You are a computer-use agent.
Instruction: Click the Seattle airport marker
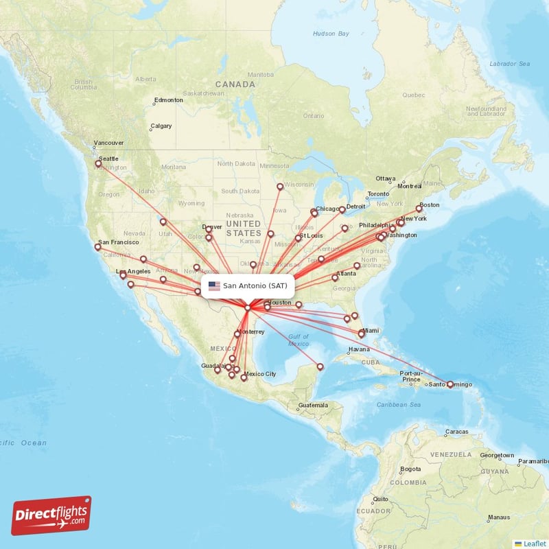(98, 163)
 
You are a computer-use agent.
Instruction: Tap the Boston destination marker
(419, 209)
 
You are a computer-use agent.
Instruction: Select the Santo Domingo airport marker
(450, 385)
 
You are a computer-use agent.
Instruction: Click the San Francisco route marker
(97, 246)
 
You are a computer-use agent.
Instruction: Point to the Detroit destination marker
(342, 210)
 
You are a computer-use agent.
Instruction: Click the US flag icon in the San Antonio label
(214, 285)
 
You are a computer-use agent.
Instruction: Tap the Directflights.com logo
(51, 515)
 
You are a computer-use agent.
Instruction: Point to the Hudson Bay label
(331, 34)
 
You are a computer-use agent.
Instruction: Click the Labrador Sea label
(509, 64)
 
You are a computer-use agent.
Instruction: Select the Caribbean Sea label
(398, 405)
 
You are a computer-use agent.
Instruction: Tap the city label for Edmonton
(168, 100)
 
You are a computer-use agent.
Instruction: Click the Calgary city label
(161, 126)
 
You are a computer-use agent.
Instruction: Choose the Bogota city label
(410, 469)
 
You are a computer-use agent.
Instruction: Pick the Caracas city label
(456, 432)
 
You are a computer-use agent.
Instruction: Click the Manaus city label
(498, 517)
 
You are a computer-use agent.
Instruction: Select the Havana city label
(359, 349)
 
